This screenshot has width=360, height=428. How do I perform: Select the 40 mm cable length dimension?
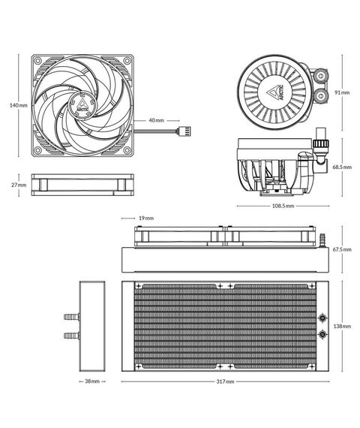(x=156, y=120)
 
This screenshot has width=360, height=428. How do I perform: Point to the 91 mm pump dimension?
(x=341, y=92)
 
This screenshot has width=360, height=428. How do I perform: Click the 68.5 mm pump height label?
(x=341, y=167)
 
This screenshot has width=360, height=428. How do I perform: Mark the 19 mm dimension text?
(x=147, y=218)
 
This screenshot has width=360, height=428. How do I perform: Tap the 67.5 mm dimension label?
(x=342, y=249)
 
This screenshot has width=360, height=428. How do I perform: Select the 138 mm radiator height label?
(x=341, y=327)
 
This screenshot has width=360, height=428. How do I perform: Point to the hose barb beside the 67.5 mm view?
(x=323, y=240)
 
